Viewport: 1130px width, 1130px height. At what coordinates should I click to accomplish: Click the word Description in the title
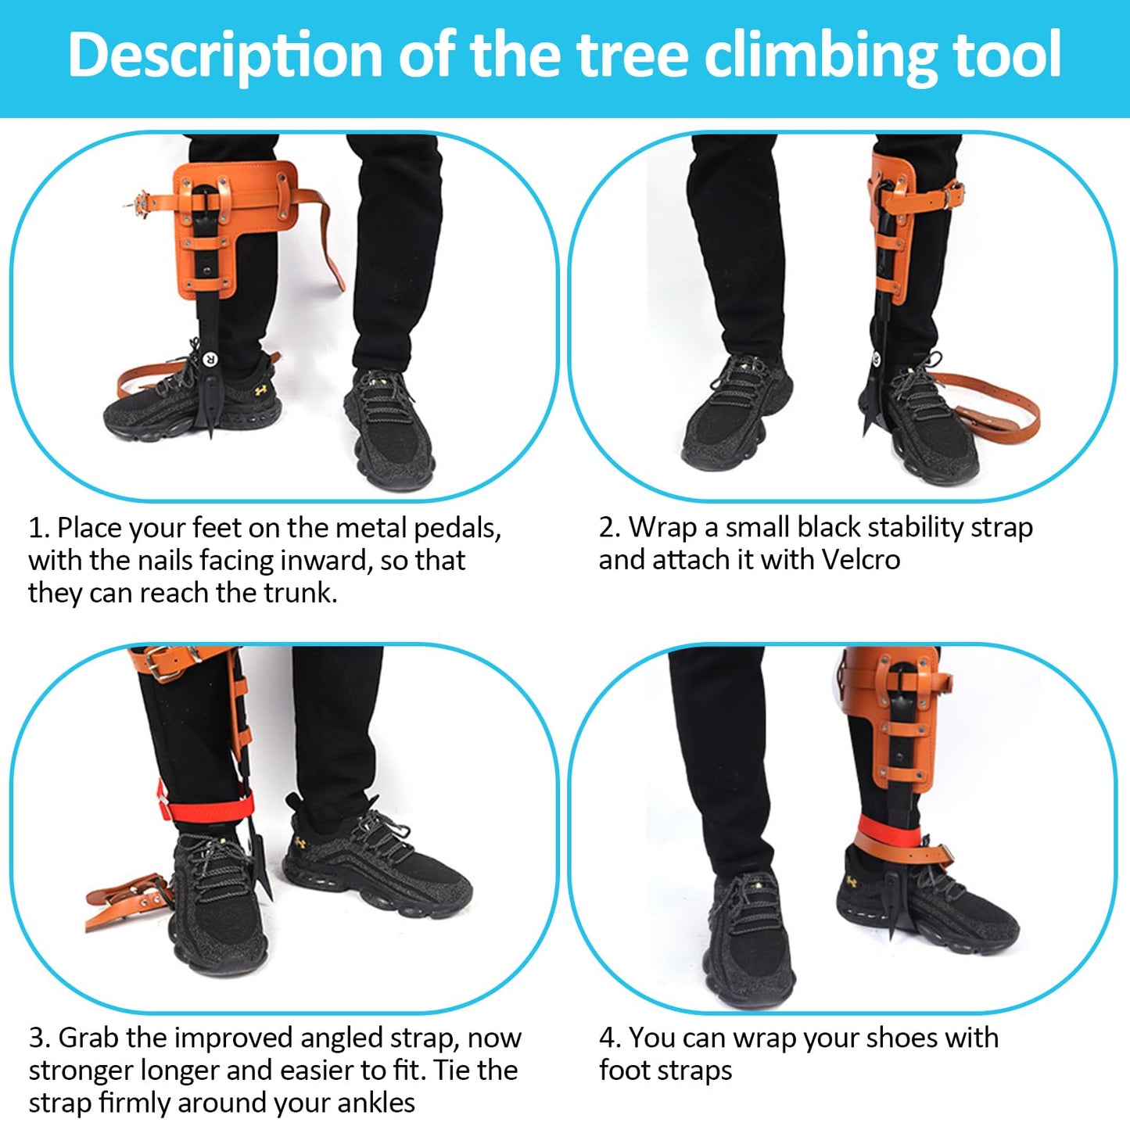(224, 55)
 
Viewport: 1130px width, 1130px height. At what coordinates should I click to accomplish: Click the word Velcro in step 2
(860, 560)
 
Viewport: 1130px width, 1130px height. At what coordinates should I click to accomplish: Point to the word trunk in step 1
(300, 593)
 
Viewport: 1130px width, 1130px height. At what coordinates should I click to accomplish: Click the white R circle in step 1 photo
(210, 360)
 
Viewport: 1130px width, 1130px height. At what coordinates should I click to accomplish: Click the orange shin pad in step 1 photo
(235, 227)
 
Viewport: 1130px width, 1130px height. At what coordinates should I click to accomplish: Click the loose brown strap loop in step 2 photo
(1009, 407)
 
